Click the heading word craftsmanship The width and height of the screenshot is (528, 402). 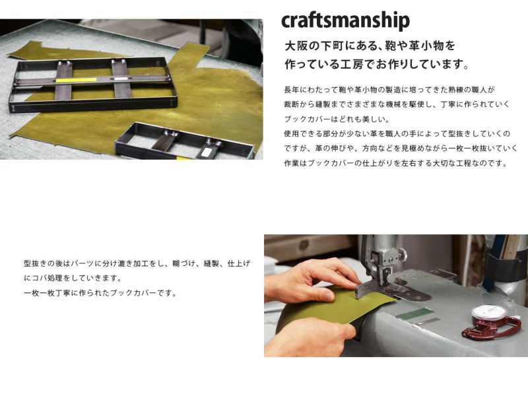[x=345, y=21]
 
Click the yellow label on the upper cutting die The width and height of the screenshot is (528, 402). [x=76, y=80]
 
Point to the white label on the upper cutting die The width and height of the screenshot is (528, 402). [x=121, y=79]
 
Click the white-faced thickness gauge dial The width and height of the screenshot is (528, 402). [x=488, y=312]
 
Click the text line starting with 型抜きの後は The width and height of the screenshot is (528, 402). [x=137, y=263]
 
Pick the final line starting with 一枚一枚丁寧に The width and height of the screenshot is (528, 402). [x=101, y=293]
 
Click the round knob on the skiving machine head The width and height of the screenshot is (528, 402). [x=401, y=254]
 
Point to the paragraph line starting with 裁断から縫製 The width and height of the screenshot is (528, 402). [x=397, y=104]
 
